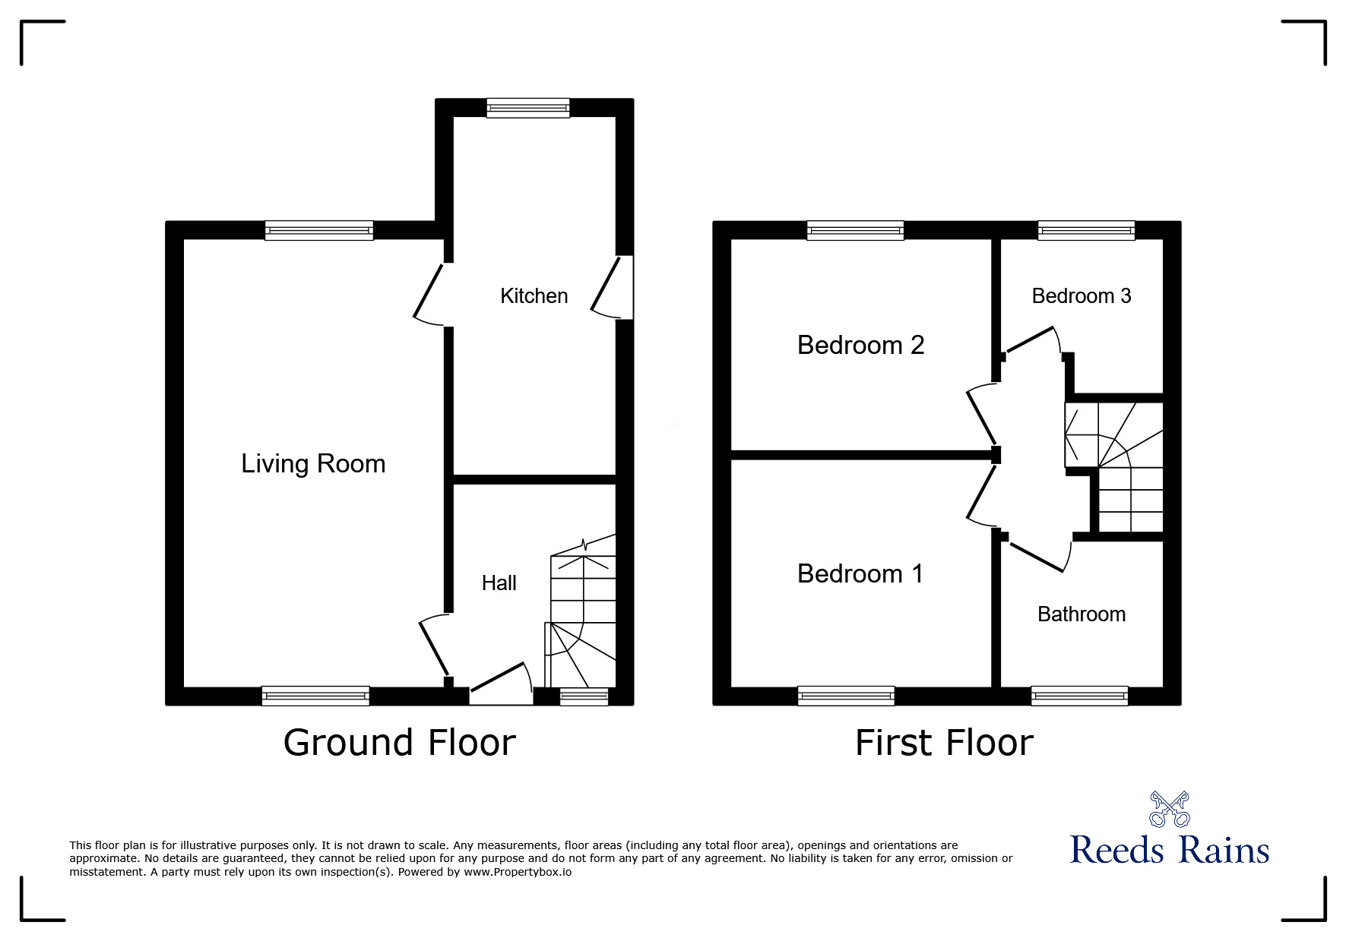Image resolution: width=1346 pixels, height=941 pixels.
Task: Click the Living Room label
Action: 313,463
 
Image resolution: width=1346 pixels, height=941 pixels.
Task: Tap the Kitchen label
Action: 534,295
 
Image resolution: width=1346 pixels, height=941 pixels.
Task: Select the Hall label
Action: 499,583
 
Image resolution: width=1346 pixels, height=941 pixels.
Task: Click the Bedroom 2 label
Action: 860,345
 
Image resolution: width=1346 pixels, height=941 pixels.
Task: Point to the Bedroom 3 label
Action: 1081,295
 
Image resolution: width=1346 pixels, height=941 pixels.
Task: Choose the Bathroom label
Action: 1081,614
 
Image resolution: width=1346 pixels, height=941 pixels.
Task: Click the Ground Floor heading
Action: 399,742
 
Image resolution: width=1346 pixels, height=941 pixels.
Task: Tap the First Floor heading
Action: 944,742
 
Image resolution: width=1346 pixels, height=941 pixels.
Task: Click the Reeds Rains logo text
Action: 1169,849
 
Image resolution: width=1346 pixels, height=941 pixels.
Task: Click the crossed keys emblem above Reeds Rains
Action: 1169,809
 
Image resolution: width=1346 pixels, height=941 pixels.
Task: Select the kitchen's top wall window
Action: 528,108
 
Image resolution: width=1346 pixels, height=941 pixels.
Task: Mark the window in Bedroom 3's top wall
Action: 1086,230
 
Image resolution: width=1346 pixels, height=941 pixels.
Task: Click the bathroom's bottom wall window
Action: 1078,695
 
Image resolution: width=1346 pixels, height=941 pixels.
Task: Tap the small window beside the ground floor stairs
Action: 584,696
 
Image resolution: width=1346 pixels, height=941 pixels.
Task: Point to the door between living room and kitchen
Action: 432,293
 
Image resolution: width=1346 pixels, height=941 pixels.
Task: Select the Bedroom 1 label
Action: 860,573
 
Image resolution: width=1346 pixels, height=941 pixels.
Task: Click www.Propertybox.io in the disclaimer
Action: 518,872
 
